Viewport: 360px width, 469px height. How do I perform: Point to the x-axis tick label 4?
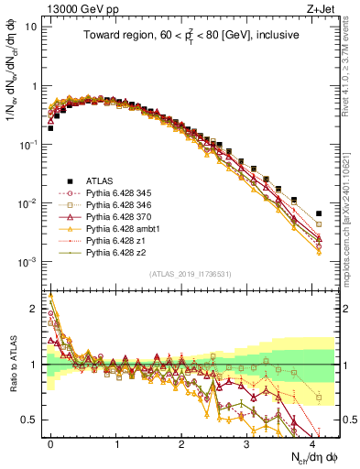(x=311, y=442)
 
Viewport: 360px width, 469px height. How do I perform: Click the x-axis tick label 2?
(x=181, y=442)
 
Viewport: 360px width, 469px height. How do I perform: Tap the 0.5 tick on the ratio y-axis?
(x=34, y=420)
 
